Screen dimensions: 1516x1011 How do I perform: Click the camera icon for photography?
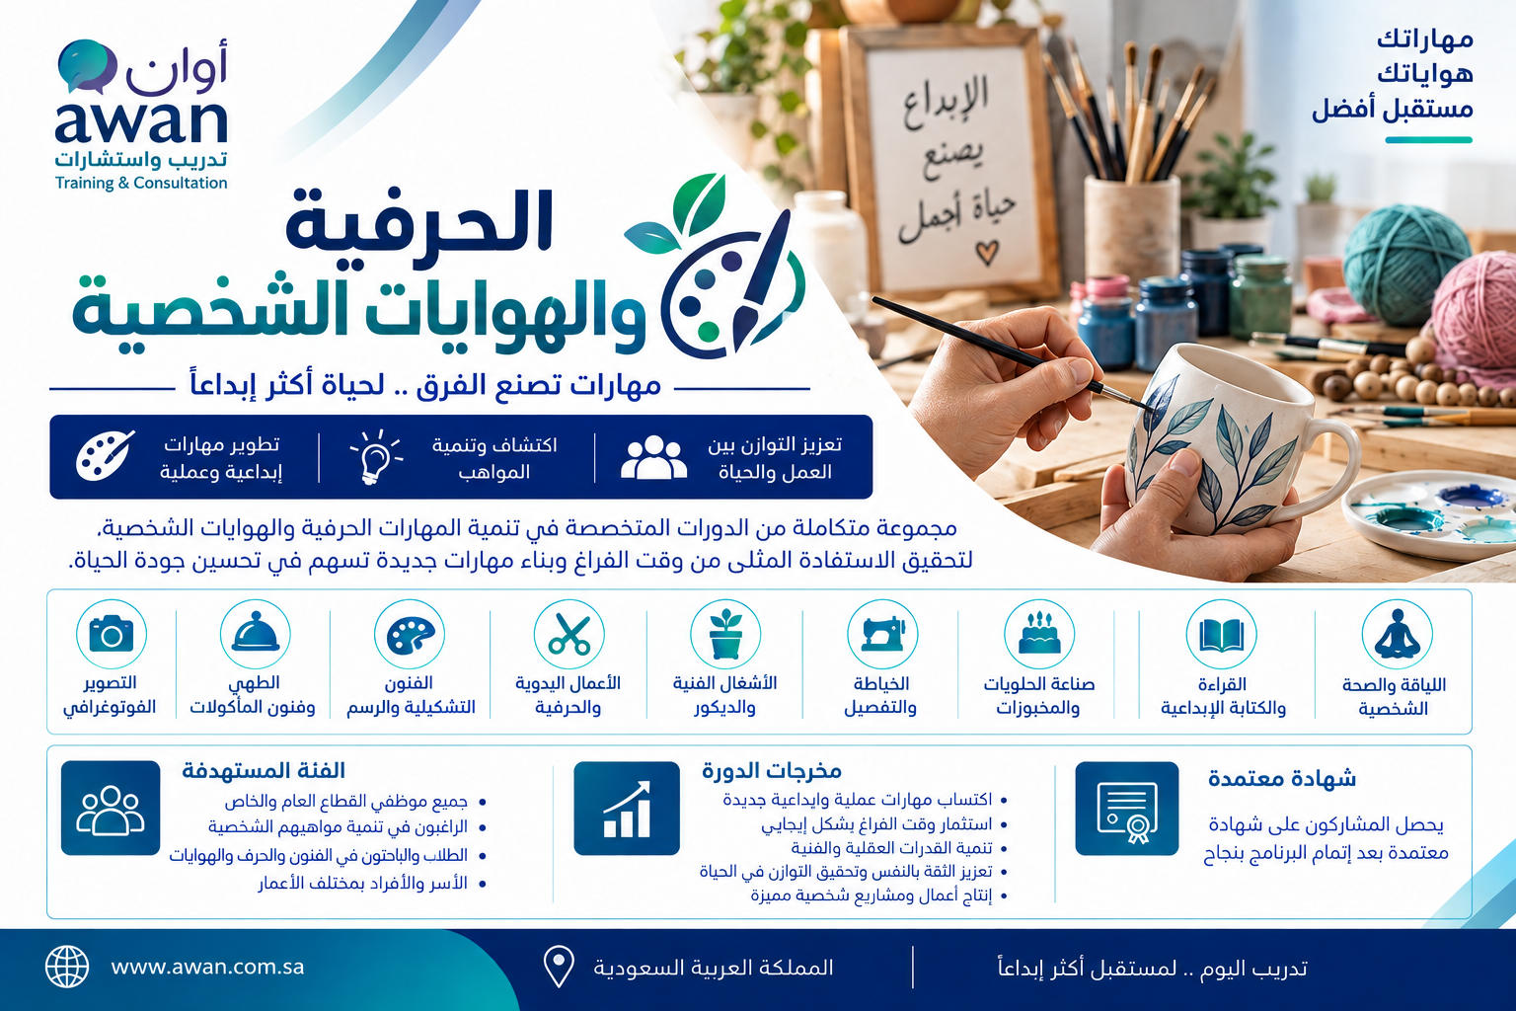point(111,634)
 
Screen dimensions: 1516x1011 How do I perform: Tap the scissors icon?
point(568,635)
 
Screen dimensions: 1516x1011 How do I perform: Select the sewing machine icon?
point(882,634)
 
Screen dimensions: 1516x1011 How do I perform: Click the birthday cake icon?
point(1039,634)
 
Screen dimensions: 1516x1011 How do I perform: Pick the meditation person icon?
point(1397,635)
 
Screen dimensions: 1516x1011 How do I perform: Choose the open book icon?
point(1222,636)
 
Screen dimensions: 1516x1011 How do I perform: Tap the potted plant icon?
point(725,634)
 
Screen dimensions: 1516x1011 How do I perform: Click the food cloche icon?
point(256,633)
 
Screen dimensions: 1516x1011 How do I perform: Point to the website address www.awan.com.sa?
point(207,967)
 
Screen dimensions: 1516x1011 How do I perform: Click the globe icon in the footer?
point(67,967)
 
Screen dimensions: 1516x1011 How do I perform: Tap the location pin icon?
point(559,967)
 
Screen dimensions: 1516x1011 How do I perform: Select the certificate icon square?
point(1127,809)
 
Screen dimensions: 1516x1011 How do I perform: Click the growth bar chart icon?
point(627,809)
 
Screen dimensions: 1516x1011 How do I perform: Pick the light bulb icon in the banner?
point(376,457)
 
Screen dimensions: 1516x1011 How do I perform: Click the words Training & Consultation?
point(141,183)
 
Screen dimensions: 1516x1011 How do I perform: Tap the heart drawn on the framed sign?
point(987,254)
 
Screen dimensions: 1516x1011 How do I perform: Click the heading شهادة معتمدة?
point(1282,779)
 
